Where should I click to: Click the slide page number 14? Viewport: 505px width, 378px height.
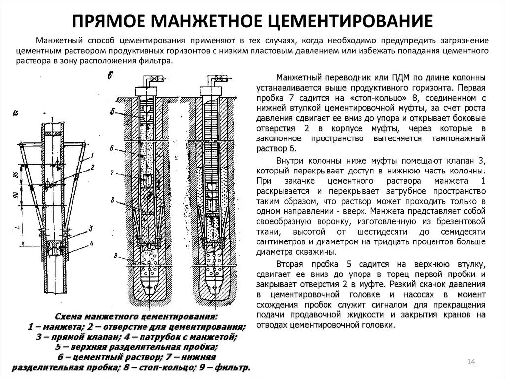tap(470, 362)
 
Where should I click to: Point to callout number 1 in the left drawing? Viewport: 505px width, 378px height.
tap(92, 156)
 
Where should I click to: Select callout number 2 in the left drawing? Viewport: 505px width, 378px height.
tap(92, 168)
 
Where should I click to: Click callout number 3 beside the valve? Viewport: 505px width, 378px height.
tap(91, 228)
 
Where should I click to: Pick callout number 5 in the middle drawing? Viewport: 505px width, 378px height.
tap(113, 112)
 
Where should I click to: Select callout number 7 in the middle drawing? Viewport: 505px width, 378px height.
tap(113, 173)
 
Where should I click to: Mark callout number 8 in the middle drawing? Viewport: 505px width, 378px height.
tap(113, 200)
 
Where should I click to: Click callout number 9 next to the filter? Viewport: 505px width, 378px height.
tap(115, 255)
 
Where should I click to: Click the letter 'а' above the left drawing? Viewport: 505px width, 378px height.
tap(16, 113)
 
